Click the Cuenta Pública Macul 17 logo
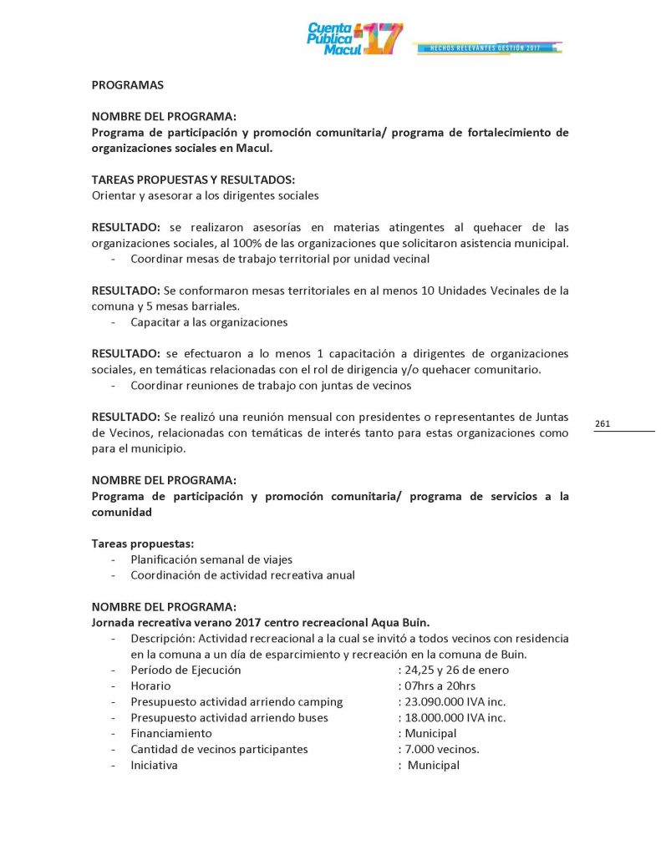tap(355, 38)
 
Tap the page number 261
tap(603, 424)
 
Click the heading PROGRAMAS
tap(127, 84)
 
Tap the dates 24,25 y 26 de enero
tap(457, 670)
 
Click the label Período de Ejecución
tap(186, 670)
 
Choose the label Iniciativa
tap(154, 766)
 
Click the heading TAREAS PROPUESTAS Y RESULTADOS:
tap(193, 180)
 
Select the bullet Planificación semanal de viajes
tap(211, 559)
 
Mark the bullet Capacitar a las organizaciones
tap(209, 322)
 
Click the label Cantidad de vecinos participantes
tap(219, 750)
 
